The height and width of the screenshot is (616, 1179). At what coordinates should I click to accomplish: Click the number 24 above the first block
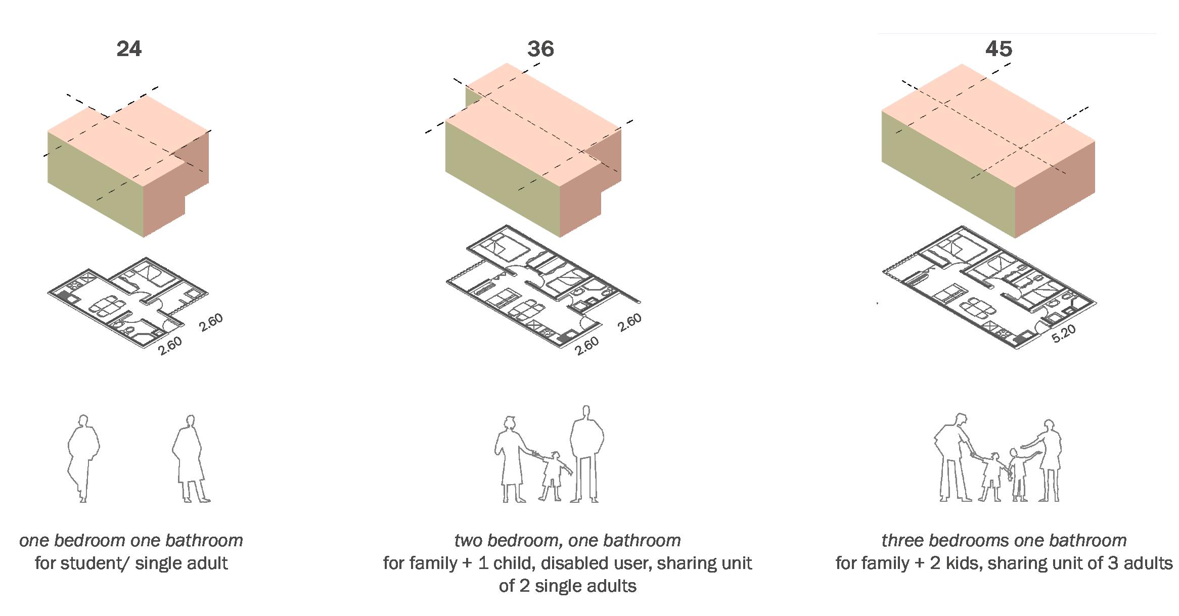129,49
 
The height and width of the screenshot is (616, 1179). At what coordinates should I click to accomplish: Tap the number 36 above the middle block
540,49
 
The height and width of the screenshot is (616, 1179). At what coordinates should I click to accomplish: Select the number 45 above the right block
999,49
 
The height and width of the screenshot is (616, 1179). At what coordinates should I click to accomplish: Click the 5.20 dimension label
1063,334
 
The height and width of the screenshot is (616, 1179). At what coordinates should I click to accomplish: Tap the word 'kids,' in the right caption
961,563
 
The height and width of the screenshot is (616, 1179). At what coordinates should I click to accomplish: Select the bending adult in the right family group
953,457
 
